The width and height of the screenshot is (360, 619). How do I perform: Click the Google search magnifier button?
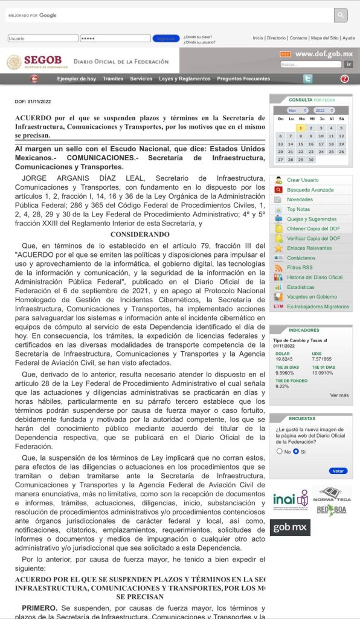point(341,15)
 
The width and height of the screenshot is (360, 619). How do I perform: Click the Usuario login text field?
point(42,38)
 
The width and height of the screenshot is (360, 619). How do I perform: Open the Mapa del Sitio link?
point(324,38)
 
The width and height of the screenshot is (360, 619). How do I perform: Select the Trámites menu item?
point(113,79)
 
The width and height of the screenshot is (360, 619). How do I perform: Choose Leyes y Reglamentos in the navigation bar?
point(185,79)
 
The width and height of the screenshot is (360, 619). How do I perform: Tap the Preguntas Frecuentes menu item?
point(243,79)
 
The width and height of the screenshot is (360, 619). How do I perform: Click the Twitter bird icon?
point(307,79)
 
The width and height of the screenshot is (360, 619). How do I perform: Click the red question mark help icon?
point(344,79)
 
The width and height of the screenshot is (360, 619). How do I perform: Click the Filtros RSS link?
point(300,267)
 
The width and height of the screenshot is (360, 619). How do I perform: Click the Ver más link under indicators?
point(339,395)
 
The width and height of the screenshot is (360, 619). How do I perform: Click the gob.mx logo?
point(290,528)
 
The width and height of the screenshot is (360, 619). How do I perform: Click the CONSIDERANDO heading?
point(140,234)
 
